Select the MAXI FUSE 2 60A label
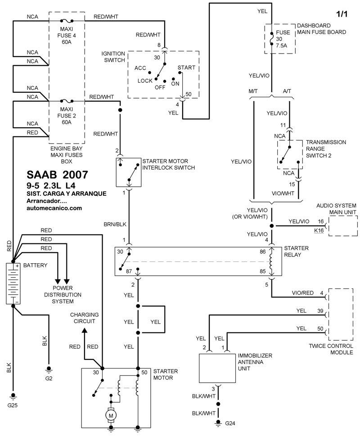(66, 116)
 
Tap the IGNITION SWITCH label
(113, 57)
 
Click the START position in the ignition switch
(186, 67)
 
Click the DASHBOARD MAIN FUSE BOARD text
(321, 29)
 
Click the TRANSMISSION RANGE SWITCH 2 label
(326, 149)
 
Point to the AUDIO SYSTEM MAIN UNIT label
(336, 208)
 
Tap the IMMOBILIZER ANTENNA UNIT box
(217, 369)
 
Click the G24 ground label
(230, 423)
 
